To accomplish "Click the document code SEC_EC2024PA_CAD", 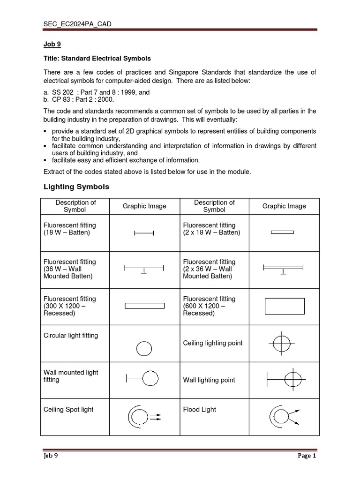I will coord(77,24).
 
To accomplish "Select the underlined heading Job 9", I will coord(52,45).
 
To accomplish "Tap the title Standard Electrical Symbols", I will coord(97,59).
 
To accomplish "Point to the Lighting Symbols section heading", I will coord(76,187).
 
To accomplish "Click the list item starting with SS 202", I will coord(97,92).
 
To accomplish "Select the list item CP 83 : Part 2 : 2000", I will coord(79,99).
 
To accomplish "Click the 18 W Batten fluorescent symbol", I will coord(144,233).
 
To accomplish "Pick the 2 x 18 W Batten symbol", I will coord(283,232).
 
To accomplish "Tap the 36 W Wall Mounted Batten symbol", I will coord(143,269).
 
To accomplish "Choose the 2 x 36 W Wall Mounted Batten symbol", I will coord(283,269).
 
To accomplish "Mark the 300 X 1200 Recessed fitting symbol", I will coord(144,306).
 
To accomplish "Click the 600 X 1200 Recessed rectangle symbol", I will coord(285,306).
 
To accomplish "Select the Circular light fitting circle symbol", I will coord(144,348).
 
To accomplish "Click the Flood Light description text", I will coord(200,409).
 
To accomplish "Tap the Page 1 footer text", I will coord(307,455).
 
